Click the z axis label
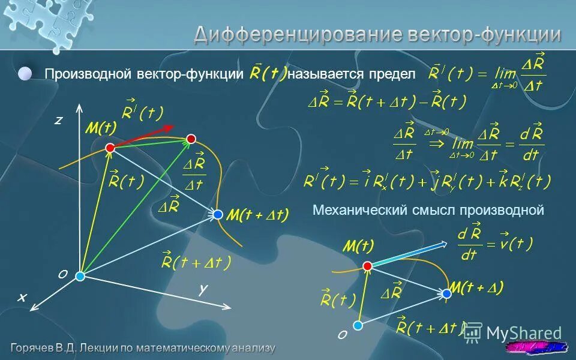point(58,121)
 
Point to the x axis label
point(22,297)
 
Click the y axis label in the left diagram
point(203,289)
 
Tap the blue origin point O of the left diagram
point(80,276)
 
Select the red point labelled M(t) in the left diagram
point(110,148)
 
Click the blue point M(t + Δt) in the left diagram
point(217,214)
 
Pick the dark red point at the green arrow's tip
point(191,139)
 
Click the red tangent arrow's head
point(170,127)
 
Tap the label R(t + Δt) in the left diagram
point(196,263)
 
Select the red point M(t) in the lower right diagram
point(367,266)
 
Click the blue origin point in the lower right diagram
point(358,325)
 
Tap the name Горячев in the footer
point(32,348)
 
